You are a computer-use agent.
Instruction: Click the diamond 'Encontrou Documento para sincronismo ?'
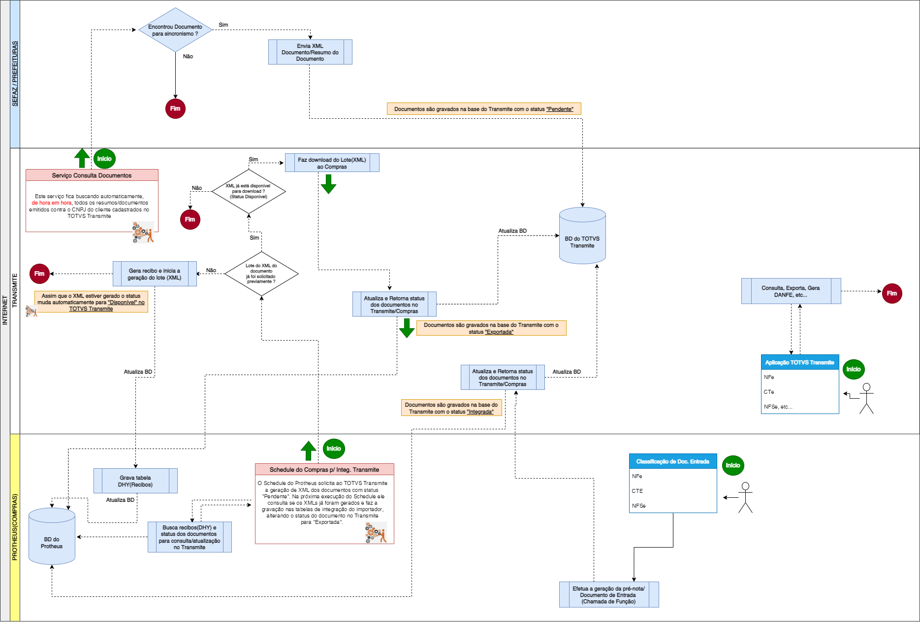point(175,30)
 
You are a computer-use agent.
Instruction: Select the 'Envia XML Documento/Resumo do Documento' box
point(310,52)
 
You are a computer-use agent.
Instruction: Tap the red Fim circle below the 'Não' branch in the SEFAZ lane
point(175,108)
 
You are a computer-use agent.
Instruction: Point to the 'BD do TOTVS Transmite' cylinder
point(582,237)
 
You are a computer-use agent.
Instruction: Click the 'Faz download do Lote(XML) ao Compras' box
point(332,163)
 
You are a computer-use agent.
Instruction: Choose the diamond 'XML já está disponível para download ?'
point(249,191)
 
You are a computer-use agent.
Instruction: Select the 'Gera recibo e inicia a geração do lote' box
point(155,274)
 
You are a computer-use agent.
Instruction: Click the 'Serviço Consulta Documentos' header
point(92,175)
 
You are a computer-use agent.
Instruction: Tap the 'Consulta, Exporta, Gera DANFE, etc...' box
point(791,291)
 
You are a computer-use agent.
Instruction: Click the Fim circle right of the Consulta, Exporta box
point(891,293)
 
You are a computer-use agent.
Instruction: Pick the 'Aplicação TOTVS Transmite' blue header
point(799,362)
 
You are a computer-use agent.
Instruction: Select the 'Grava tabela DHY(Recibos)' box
point(135,481)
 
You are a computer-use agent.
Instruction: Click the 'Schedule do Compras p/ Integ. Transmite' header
point(324,470)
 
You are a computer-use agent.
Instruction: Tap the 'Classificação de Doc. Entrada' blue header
point(672,461)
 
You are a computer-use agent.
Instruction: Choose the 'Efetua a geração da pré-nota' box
point(608,595)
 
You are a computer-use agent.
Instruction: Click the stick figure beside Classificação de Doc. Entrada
point(745,497)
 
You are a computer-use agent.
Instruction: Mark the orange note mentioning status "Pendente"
point(484,109)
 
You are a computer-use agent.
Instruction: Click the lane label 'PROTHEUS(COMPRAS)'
point(15,527)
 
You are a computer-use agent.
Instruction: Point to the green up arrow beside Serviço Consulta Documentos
point(82,158)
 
